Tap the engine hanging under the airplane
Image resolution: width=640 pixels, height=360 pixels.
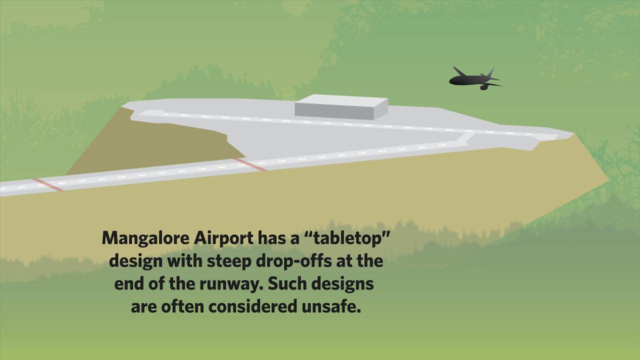coord(484,87)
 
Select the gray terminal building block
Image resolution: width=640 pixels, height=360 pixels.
coord(341,107)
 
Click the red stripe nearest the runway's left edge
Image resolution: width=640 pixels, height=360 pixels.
coord(47,184)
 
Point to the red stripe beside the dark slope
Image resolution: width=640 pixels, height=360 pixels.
coord(250,164)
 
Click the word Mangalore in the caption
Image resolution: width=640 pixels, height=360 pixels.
coord(145,238)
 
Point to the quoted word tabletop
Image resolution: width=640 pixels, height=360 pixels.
coord(345,237)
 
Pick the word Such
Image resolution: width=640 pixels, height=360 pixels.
coord(287,283)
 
